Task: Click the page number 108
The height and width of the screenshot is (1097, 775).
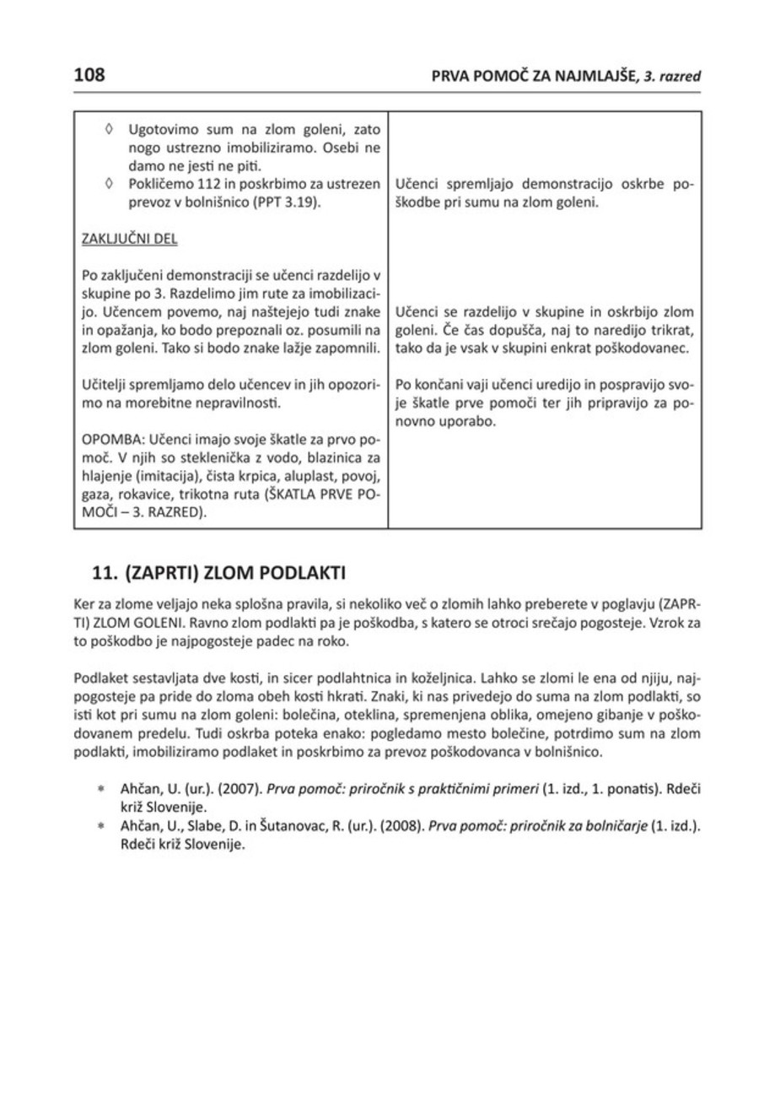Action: [x=89, y=75]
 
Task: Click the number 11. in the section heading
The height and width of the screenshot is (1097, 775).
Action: [x=105, y=573]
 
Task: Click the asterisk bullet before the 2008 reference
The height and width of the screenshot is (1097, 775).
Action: [x=100, y=828]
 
